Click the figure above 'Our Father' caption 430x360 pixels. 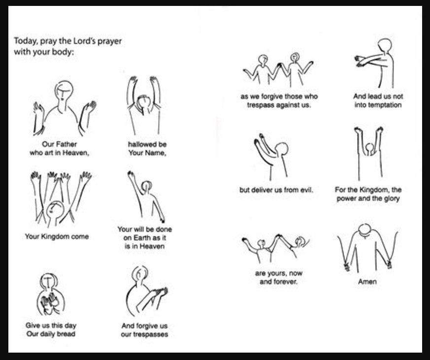(x=64, y=109)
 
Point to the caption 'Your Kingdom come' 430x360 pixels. (x=57, y=236)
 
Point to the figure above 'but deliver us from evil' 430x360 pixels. (x=272, y=156)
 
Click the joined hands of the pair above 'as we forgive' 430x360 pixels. (x=279, y=65)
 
